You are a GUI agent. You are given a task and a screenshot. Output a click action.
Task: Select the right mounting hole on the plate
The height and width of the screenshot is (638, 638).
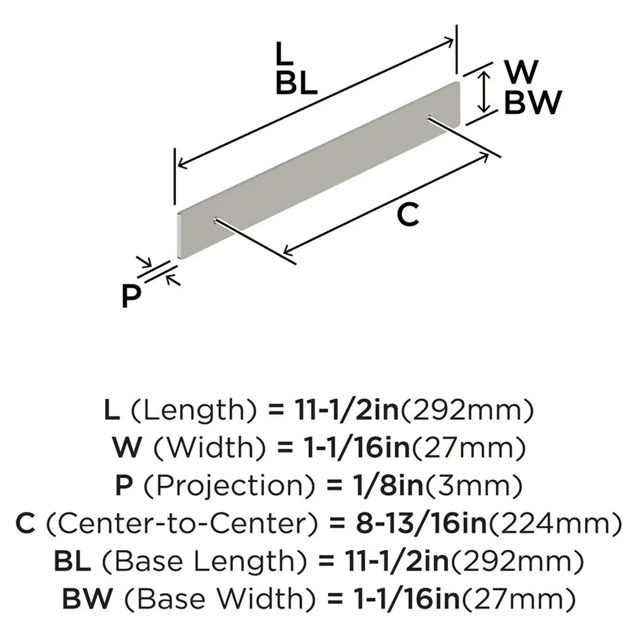pyautogui.click(x=430, y=117)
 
